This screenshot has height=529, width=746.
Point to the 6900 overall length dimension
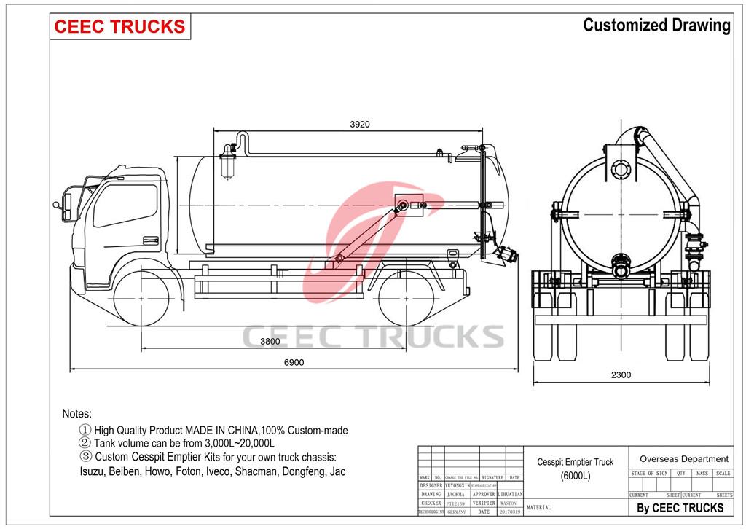[x=293, y=362]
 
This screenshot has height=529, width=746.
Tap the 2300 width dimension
[x=621, y=375]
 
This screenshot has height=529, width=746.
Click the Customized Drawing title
[x=656, y=26]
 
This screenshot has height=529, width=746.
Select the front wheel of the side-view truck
[x=143, y=298]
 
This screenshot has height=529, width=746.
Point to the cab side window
[x=125, y=205]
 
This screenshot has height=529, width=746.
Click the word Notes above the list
[x=76, y=413]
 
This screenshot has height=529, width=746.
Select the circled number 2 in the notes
[x=85, y=443]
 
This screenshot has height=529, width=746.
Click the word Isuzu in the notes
[x=93, y=471]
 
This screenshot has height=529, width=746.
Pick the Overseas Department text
[x=683, y=459]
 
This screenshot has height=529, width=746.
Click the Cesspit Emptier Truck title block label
[x=575, y=462]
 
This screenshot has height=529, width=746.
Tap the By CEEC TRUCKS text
[x=680, y=508]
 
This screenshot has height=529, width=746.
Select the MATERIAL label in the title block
[x=538, y=507]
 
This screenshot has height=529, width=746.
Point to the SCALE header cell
[x=723, y=474]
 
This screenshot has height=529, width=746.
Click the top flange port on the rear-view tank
[x=620, y=170]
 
